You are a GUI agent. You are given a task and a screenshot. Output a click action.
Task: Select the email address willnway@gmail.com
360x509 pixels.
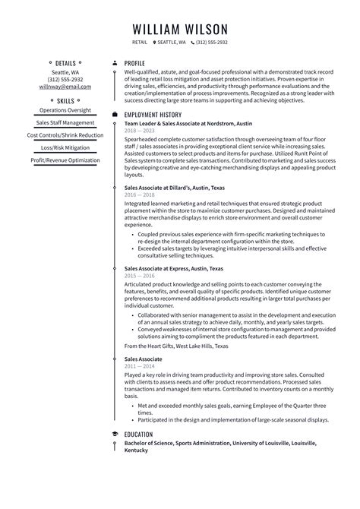pyautogui.click(x=65, y=87)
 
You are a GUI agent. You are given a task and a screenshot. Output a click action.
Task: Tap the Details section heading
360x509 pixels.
pyautogui.click(x=65, y=63)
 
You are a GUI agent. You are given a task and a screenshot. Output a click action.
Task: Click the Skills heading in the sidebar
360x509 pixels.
pyautogui.click(x=65, y=100)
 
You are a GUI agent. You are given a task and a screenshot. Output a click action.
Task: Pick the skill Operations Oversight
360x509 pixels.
pyautogui.click(x=65, y=110)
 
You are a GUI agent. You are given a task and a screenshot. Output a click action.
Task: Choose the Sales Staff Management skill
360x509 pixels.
pyautogui.click(x=65, y=122)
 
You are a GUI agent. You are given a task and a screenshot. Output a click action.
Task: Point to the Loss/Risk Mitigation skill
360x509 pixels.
pyautogui.click(x=65, y=148)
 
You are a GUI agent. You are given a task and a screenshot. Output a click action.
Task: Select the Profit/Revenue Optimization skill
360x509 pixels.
pyautogui.click(x=65, y=160)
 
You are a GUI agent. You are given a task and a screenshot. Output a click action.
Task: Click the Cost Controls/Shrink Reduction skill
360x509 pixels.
pyautogui.click(x=65, y=135)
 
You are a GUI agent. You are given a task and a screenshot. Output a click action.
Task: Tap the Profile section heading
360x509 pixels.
pyautogui.click(x=134, y=63)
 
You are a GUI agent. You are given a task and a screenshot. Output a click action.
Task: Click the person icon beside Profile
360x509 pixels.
pyautogui.click(x=114, y=63)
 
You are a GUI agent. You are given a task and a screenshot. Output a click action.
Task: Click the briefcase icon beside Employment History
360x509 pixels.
pyautogui.click(x=114, y=114)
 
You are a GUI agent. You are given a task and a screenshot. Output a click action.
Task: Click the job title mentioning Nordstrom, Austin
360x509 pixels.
pyautogui.click(x=188, y=123)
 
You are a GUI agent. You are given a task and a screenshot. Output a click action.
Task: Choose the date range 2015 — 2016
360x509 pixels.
pyautogui.click(x=140, y=276)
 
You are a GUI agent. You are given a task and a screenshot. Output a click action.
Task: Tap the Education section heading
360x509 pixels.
pyautogui.click(x=141, y=434)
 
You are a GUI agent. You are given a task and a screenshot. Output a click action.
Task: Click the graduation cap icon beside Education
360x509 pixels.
pyautogui.click(x=114, y=434)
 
